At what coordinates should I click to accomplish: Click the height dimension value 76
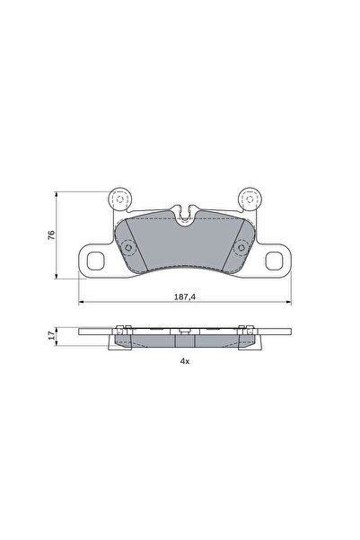(51, 235)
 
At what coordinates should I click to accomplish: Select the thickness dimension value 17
(51, 338)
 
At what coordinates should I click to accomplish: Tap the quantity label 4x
(184, 360)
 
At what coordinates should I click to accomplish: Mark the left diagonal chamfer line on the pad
(130, 241)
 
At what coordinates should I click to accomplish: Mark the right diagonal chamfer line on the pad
(239, 241)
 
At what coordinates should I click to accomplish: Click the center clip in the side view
(184, 333)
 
